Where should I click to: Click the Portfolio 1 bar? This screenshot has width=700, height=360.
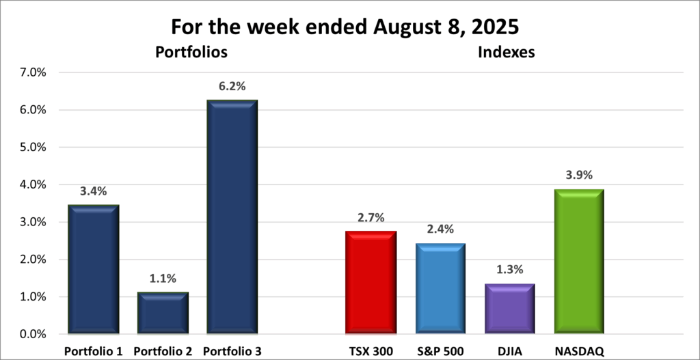tap(94, 270)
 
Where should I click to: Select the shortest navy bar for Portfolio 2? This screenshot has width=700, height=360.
tap(163, 314)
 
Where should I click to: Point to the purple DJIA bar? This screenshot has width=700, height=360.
tap(509, 309)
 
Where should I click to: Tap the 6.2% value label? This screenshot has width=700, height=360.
tap(232, 87)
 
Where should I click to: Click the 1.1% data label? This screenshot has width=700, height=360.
tap(163, 279)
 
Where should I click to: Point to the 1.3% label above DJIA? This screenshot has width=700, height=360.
tap(509, 271)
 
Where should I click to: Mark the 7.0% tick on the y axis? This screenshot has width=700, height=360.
tap(33, 72)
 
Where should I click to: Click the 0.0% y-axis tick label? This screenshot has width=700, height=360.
tap(33, 334)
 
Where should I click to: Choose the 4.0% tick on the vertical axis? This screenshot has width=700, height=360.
tap(33, 184)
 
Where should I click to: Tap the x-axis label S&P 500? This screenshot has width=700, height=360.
tap(440, 351)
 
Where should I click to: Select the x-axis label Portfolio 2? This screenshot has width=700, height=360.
tap(163, 351)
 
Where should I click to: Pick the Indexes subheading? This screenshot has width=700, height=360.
tap(506, 52)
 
